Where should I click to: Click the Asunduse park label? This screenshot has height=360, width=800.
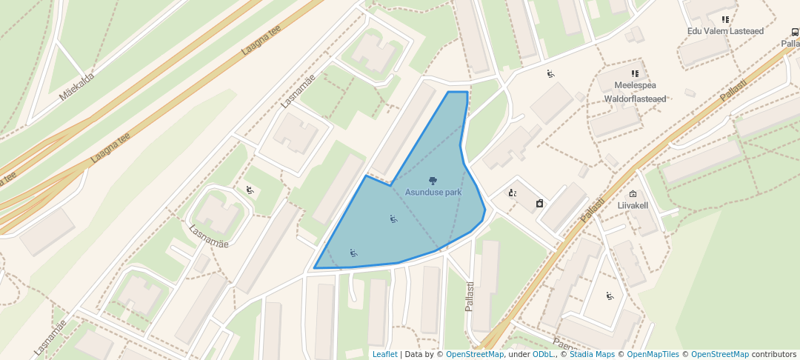tap(433, 193)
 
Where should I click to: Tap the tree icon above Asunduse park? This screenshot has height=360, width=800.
tap(433, 181)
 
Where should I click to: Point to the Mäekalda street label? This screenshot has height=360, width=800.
tap(77, 86)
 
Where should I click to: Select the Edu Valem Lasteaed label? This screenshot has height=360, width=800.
tap(724, 31)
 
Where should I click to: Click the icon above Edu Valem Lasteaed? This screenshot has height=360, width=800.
tap(724, 20)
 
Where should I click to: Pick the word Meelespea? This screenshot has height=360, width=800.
tap(635, 85)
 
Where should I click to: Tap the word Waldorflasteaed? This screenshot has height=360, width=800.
tap(635, 98)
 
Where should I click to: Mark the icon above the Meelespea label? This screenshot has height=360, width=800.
tap(635, 73)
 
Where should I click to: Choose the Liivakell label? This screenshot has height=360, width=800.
tap(633, 206)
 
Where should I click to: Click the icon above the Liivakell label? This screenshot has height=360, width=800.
tap(633, 194)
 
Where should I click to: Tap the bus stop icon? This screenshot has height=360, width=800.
tap(795, 32)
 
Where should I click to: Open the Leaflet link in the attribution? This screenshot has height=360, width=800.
tap(384, 354)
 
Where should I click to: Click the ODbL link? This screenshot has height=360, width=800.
tap(543, 354)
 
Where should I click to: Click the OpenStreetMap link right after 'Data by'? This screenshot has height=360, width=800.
tap(475, 354)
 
